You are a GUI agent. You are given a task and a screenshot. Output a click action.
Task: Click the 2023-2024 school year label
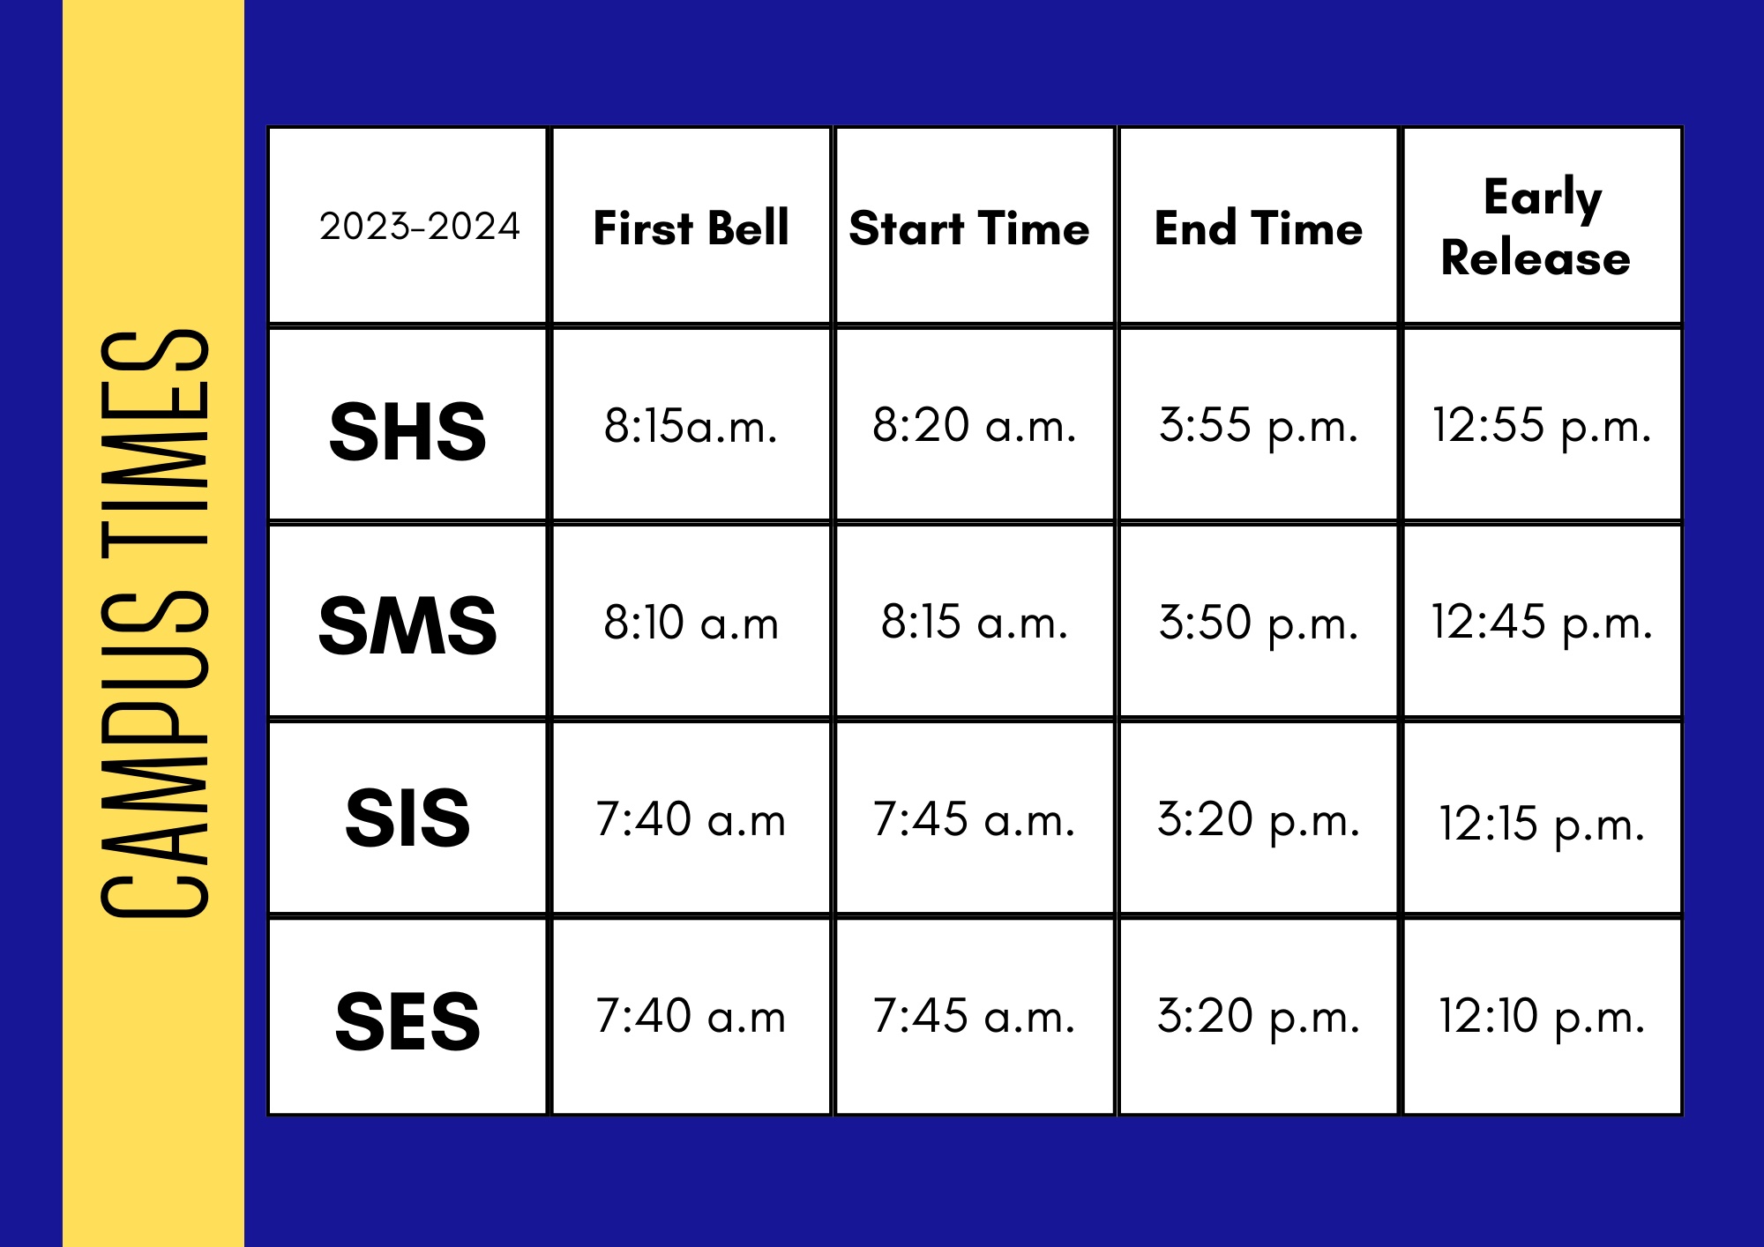point(420,227)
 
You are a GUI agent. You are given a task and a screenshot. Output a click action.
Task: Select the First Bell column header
point(691,228)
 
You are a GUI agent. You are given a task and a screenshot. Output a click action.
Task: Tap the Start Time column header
point(969,228)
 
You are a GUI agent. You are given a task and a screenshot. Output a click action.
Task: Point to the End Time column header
point(1259,228)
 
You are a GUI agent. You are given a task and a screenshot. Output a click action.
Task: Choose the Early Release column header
point(1536,227)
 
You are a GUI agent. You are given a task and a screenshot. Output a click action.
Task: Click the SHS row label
point(407,431)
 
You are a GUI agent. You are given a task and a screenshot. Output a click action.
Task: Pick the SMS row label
point(407,625)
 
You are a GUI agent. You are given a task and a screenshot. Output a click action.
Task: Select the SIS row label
point(407,818)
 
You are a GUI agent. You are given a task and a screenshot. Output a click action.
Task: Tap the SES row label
point(407,1021)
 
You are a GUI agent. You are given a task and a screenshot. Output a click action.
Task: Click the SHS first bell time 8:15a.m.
point(691,426)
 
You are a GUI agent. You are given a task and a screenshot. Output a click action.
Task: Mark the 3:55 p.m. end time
point(1259,427)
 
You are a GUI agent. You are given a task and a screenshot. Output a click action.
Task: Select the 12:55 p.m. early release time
point(1542,427)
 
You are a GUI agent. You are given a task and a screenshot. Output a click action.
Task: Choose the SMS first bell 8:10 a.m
point(691,623)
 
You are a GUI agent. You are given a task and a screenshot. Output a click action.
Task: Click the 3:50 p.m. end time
point(1259,623)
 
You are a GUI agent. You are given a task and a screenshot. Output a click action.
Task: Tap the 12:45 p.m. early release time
point(1542,623)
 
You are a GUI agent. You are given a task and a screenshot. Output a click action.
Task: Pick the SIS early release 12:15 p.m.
point(1542,825)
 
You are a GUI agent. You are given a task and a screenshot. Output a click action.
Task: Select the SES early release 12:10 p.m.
point(1542,1018)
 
